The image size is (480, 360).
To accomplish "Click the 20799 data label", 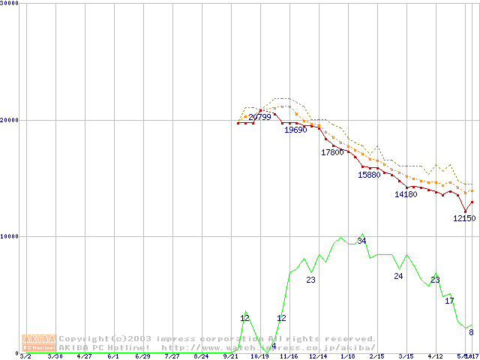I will (x=259, y=117).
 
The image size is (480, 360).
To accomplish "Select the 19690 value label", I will (x=295, y=130).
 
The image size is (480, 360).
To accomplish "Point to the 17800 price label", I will (x=332, y=152).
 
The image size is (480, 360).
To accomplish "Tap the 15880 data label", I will (x=369, y=175).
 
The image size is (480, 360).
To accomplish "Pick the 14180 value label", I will (x=406, y=194).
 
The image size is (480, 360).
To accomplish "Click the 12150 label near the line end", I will (x=463, y=218).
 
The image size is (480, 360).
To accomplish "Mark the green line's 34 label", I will (x=361, y=241).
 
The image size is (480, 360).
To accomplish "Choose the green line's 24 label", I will (x=398, y=276).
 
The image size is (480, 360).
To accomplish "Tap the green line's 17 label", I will (x=449, y=301).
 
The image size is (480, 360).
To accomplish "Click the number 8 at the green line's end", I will (x=471, y=332).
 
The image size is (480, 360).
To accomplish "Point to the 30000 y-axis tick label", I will (x=10, y=3).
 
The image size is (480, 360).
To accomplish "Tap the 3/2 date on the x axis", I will (x=25, y=356).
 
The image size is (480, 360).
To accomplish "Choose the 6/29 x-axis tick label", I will (x=142, y=356).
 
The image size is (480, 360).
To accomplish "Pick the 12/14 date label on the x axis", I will (x=318, y=356).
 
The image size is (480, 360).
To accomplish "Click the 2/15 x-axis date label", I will (x=376, y=356).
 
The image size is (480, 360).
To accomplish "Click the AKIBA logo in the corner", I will (x=39, y=343).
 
